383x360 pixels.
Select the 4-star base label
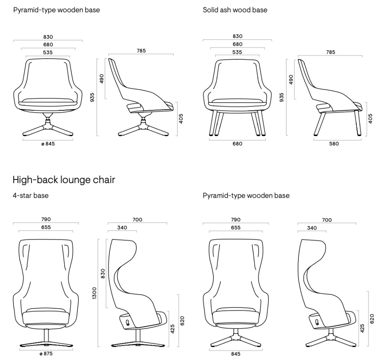(31, 196)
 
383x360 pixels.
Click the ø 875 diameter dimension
(46, 353)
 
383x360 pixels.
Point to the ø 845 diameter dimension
(48, 144)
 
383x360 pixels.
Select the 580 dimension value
(334, 144)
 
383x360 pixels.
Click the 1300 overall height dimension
(95, 293)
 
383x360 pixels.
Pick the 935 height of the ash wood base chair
(282, 97)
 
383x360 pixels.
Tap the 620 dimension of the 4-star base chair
(182, 321)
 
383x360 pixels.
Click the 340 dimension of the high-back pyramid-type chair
(312, 228)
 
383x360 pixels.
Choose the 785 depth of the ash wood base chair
(331, 53)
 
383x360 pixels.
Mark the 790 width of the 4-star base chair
(46, 219)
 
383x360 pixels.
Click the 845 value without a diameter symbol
(236, 354)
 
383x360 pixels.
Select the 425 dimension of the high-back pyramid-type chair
(362, 328)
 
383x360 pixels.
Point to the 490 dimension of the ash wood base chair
(291, 79)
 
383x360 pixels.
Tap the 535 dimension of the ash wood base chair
(237, 53)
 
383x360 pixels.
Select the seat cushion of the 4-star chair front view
(46, 318)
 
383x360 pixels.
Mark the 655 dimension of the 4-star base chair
(46, 227)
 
